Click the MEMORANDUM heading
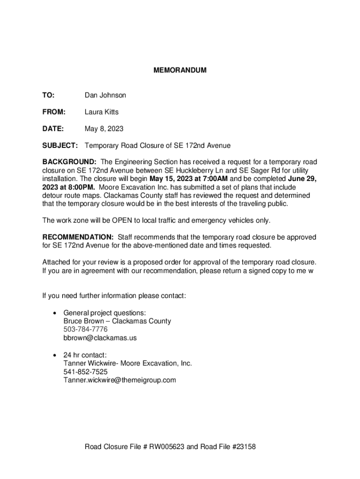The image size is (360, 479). coord(180,71)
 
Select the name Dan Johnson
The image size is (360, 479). coord(105,95)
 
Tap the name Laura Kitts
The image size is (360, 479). coord(101,112)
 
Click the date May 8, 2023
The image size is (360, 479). coord(104,129)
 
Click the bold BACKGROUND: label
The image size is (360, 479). coord(69,162)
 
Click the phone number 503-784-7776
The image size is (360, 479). coord(86,329)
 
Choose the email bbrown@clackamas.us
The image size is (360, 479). coord(100,338)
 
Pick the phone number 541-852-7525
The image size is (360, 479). coord(86,372)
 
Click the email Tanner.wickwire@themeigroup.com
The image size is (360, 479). coord(120,380)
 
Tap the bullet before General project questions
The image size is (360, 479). coord(56,313)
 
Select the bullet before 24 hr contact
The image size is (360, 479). coord(56,355)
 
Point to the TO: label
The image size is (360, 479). coord(48,95)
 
